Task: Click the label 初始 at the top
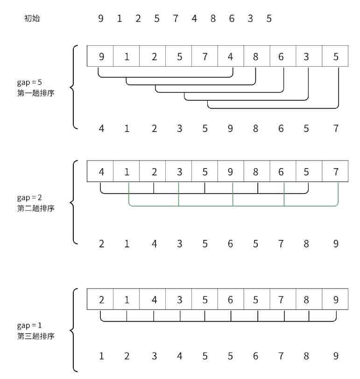point(31,19)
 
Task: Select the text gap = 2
point(29,198)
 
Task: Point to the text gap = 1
point(29,325)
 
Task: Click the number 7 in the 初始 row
point(175,19)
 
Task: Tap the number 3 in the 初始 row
point(250,19)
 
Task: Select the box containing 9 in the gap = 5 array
point(101,57)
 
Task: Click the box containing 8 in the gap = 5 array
point(255,57)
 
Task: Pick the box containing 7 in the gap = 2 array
point(336,172)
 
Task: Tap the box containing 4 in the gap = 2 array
point(101,172)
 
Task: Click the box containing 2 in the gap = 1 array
point(101,300)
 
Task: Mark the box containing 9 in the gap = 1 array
point(336,300)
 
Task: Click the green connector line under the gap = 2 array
point(205,205)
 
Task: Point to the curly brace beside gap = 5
point(72,86)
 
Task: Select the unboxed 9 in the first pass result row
point(230,128)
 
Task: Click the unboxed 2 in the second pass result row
point(101,244)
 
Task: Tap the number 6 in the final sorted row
point(255,357)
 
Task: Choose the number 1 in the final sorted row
point(101,357)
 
